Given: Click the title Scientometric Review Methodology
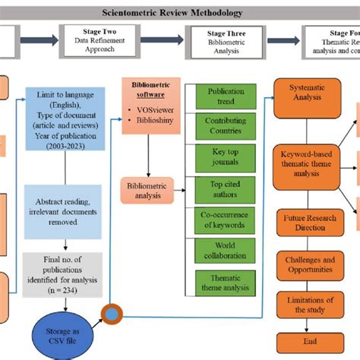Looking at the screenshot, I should (x=179, y=13).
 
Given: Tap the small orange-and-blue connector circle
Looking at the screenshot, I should (x=112, y=312).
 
